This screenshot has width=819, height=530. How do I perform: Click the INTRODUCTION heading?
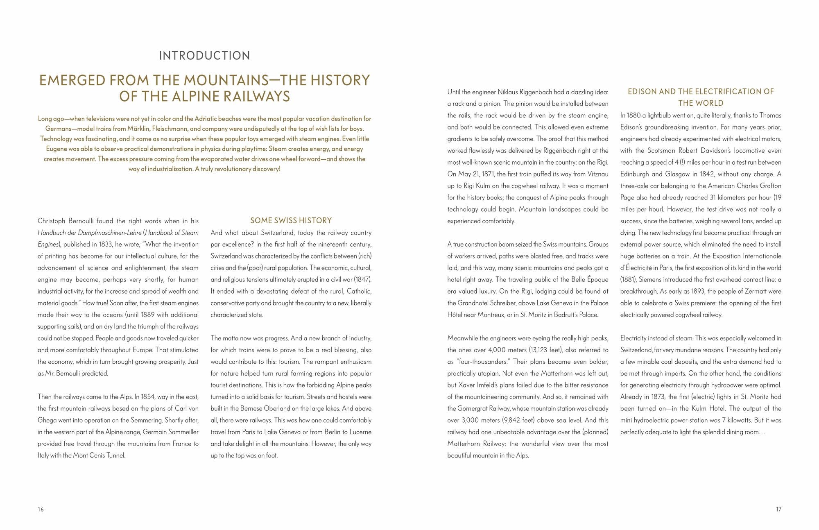coord(204,56)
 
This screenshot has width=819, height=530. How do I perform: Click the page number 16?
coord(41,510)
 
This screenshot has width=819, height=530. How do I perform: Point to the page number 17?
coord(778,510)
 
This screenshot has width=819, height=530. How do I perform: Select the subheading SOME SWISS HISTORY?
coord(291,220)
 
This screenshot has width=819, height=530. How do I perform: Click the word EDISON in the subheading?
coord(642,92)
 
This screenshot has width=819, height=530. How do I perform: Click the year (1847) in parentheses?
coord(362,280)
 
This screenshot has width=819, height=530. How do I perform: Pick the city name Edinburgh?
coord(635,174)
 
